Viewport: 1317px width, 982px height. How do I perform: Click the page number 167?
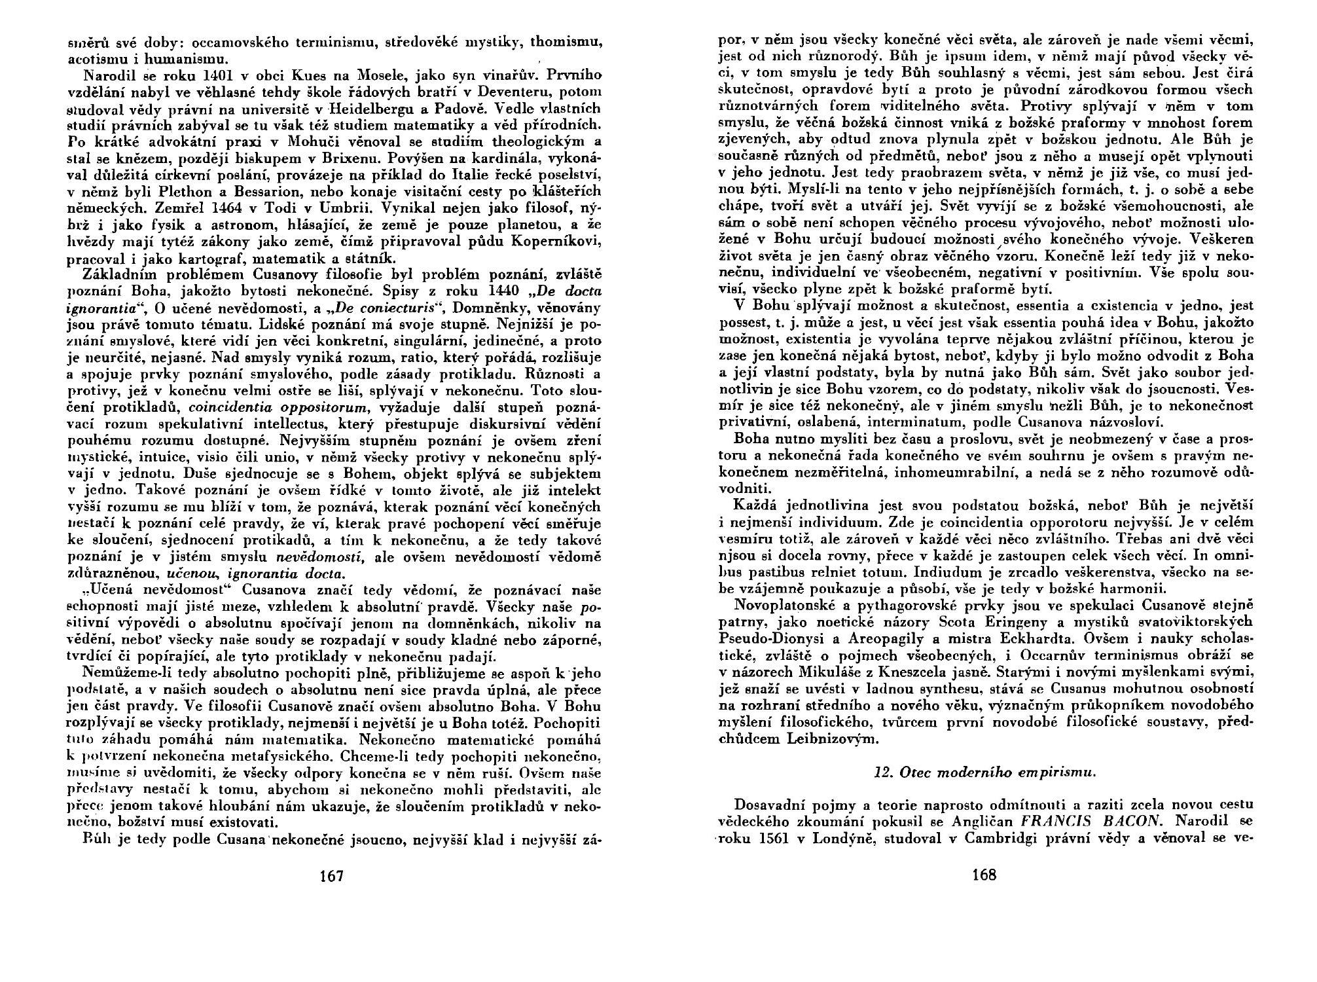tap(332, 876)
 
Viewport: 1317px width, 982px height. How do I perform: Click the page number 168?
tap(984, 875)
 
